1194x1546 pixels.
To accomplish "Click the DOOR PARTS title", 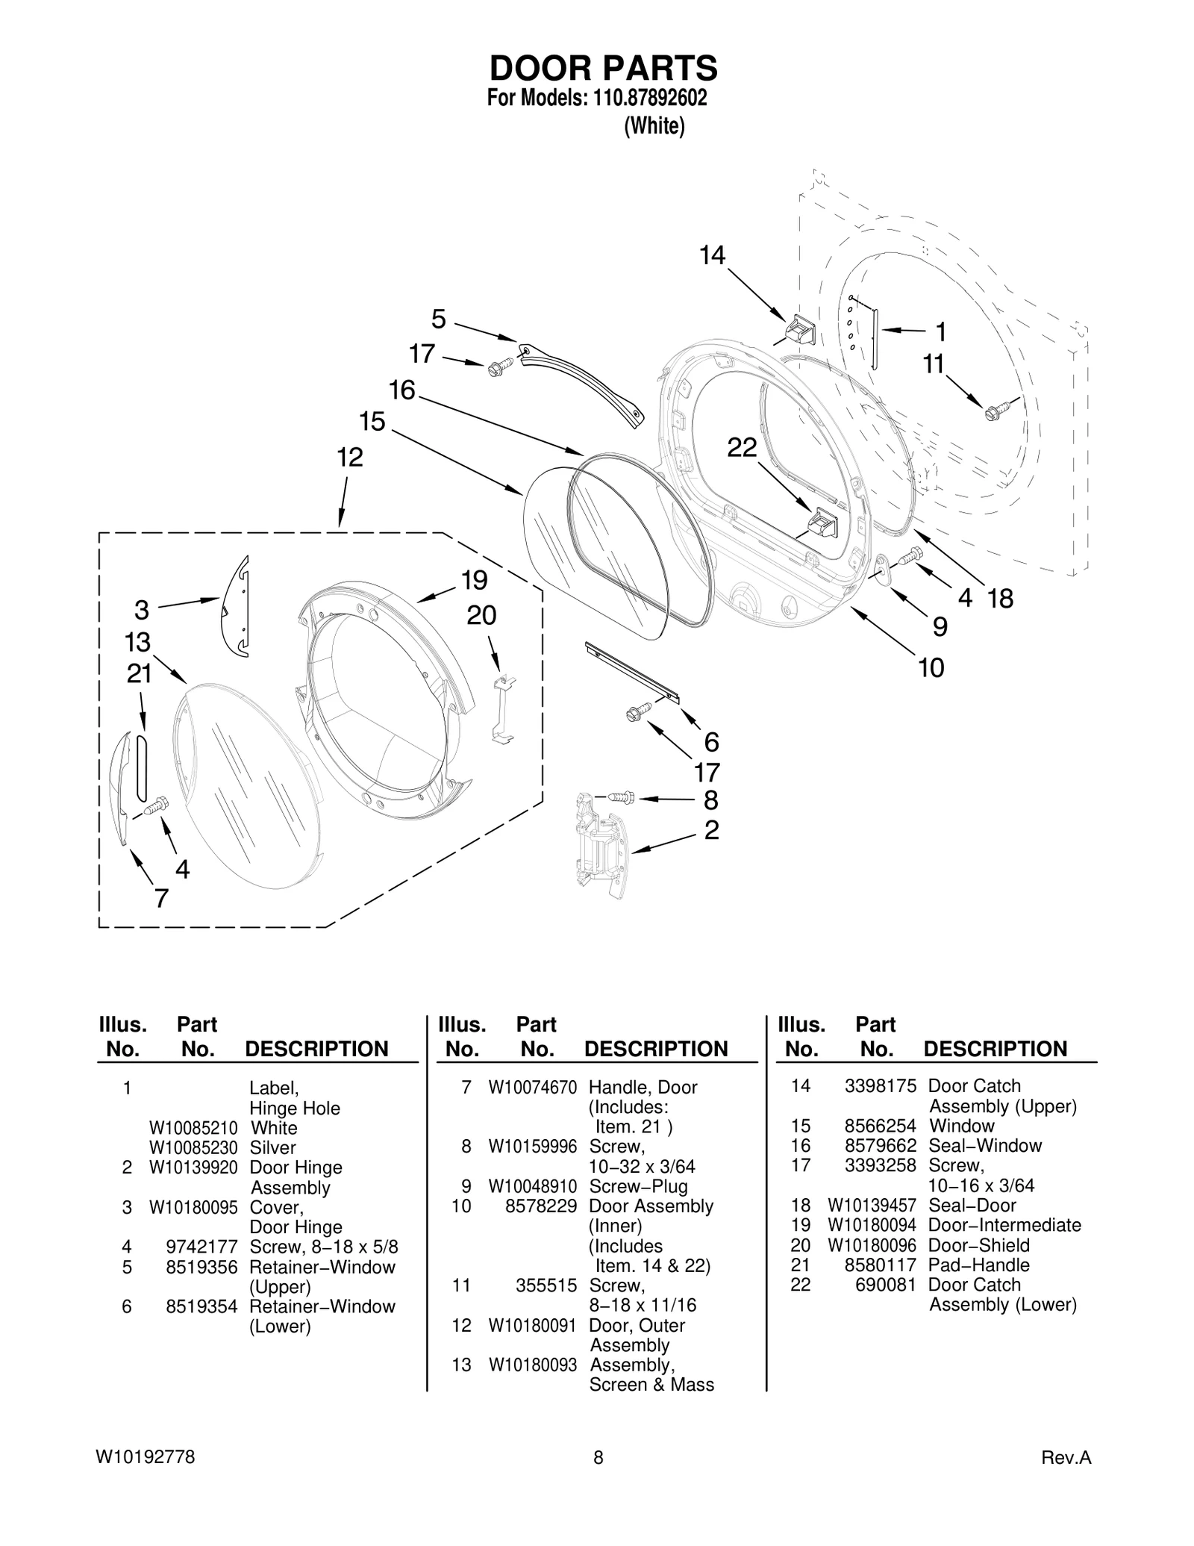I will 603,69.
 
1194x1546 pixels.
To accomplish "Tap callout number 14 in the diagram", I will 712,256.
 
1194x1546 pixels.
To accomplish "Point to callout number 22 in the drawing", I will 742,448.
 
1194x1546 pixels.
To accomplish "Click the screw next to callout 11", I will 997,410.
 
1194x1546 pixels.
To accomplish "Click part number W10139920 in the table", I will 193,1167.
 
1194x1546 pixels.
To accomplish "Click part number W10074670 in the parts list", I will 532,1088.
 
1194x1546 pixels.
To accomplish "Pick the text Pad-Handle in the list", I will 978,1265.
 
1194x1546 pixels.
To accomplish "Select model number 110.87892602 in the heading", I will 649,98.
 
